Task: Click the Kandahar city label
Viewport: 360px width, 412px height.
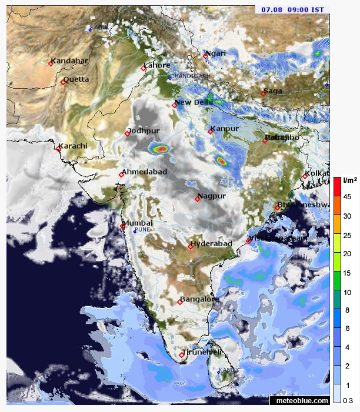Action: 69,61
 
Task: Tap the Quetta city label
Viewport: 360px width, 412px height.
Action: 76,79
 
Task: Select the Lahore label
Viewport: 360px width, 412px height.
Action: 157,65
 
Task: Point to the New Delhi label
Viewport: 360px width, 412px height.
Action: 195,102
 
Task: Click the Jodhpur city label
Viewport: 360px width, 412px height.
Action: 144,130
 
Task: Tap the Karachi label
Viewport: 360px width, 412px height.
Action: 74,146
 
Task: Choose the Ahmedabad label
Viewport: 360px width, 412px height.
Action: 145,172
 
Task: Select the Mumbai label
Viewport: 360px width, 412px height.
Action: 138,223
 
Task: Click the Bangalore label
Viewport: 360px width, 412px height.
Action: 199,299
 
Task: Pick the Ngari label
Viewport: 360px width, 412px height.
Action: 216,53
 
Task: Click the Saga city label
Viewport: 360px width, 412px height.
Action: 273,91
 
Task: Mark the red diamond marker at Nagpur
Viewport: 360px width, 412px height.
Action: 198,199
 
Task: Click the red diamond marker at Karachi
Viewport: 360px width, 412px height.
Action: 58,149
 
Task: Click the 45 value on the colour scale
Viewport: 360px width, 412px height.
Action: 348,197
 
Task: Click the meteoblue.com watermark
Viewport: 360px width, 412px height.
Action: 299,400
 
